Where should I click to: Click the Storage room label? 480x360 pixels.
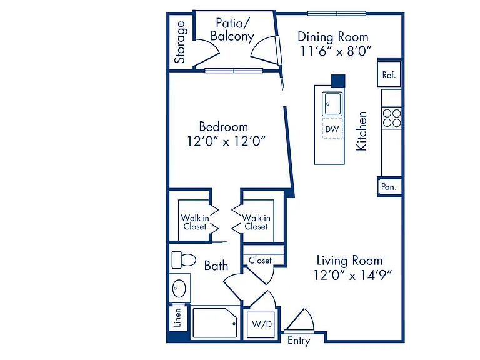[x=180, y=42]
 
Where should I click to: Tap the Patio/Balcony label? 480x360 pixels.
[x=232, y=30]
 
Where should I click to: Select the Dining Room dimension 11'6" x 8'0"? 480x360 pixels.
[x=336, y=51]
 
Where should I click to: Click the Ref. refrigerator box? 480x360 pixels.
[x=389, y=74]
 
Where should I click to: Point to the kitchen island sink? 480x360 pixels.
[x=332, y=104]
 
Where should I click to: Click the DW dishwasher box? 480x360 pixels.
[x=332, y=129]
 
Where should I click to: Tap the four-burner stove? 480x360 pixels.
[x=392, y=118]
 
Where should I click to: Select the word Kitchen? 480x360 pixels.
[x=361, y=131]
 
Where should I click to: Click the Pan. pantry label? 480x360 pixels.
[x=389, y=187]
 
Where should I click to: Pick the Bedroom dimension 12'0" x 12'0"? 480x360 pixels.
[x=226, y=141]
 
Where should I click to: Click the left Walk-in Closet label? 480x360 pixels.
[x=195, y=222]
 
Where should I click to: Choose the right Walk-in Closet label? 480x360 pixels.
[x=256, y=222]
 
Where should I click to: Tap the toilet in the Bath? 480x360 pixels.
[x=184, y=260]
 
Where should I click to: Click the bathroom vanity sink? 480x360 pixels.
[x=179, y=289]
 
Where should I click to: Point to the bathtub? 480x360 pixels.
[x=215, y=323]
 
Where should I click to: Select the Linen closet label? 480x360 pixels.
[x=177, y=317]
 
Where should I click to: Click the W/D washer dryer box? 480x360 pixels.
[x=262, y=324]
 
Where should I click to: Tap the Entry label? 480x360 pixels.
[x=299, y=341]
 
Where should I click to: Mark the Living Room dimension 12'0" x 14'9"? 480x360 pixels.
[x=352, y=275]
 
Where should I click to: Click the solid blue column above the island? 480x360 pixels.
[x=339, y=81]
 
